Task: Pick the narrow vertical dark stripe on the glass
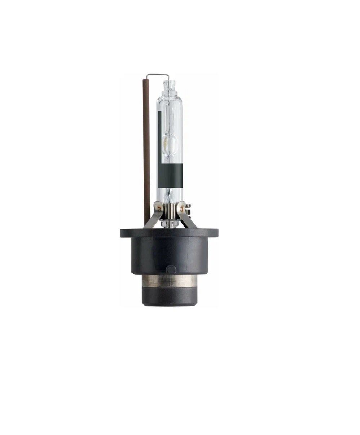(159, 144)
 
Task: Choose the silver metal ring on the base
(170, 280)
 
